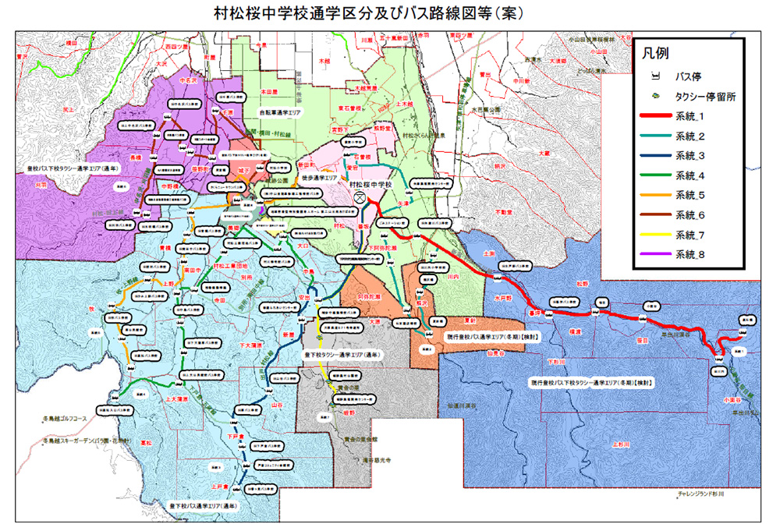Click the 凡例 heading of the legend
[656, 54]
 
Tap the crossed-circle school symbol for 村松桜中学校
[360, 198]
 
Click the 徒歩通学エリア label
[317, 178]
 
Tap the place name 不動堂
[504, 211]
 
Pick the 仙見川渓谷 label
[462, 406]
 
